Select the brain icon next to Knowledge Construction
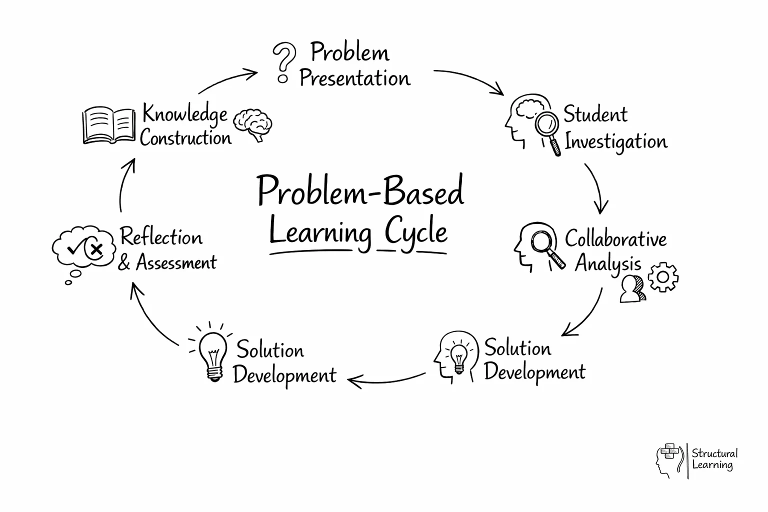coord(254,124)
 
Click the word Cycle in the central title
coord(416,233)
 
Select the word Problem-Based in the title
coord(360,191)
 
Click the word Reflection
coord(161,237)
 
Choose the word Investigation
coord(616,142)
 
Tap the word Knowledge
coord(185,114)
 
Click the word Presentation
coord(354,78)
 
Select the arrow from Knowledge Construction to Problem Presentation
coord(227,80)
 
